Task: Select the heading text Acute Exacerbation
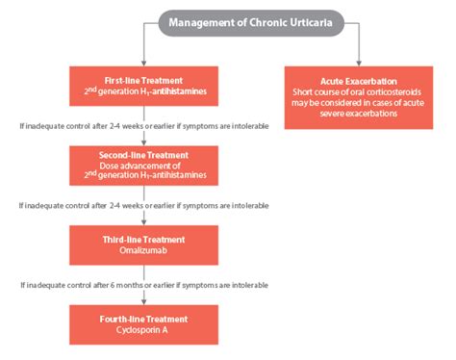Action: pyautogui.click(x=358, y=81)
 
